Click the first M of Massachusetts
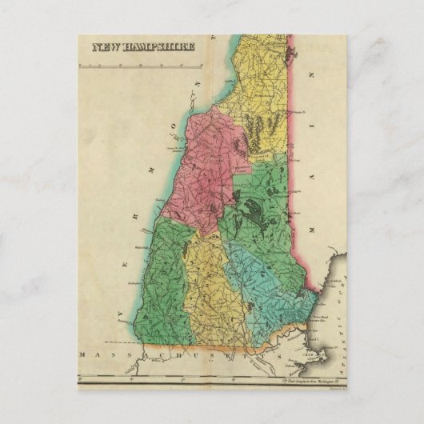coord(84,353)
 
